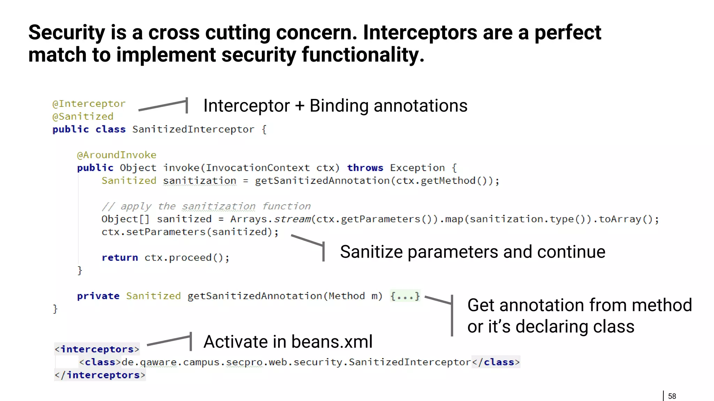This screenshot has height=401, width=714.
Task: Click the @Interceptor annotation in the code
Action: (89, 104)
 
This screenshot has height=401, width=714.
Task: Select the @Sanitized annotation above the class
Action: (83, 117)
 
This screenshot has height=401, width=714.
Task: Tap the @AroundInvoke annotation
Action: (116, 155)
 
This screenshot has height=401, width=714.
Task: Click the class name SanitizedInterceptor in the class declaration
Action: (193, 129)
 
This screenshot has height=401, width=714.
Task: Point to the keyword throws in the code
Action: (365, 168)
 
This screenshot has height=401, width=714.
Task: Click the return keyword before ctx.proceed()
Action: (120, 258)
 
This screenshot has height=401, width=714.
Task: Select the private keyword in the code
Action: (98, 296)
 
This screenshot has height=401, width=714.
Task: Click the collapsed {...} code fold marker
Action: (405, 296)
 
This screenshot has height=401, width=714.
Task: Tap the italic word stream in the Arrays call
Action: (292, 219)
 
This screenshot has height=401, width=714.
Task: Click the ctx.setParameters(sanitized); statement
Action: (190, 232)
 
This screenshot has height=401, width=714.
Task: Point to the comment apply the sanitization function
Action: (206, 206)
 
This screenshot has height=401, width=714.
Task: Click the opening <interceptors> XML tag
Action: (97, 349)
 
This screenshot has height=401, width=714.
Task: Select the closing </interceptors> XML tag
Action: (100, 375)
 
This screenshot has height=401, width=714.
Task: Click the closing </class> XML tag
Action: (496, 362)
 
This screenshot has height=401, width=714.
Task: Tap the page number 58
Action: (672, 396)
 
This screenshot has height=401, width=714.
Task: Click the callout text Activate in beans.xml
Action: (288, 341)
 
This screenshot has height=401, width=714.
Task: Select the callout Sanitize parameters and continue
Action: (472, 252)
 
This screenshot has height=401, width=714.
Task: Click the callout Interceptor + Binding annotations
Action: (335, 106)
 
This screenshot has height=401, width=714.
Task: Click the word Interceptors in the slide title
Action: (419, 32)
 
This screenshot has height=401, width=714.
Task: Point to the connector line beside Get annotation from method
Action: (451, 315)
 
